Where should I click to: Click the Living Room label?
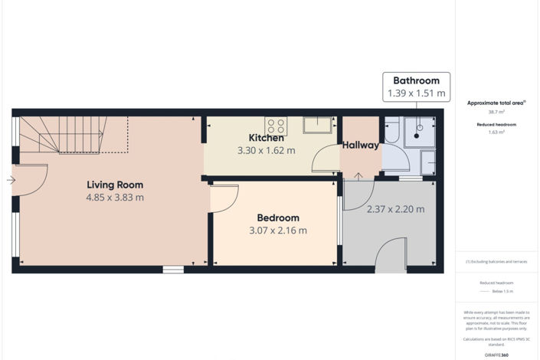(115, 185)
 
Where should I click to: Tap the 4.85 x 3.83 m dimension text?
(115, 198)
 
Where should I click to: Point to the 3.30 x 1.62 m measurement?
(266, 151)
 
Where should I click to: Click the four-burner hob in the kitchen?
(276, 126)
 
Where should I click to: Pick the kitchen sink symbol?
(316, 125)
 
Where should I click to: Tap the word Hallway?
(361, 145)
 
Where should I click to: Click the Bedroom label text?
(278, 218)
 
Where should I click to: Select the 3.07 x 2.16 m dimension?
(278, 231)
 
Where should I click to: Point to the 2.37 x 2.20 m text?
(395, 209)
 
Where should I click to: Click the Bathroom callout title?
(416, 80)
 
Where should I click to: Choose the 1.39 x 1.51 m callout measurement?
(416, 93)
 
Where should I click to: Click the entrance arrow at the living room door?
(10, 181)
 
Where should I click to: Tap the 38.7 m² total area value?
(496, 112)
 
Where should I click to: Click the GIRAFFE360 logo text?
(496, 355)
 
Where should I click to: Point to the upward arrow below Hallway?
(359, 178)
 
